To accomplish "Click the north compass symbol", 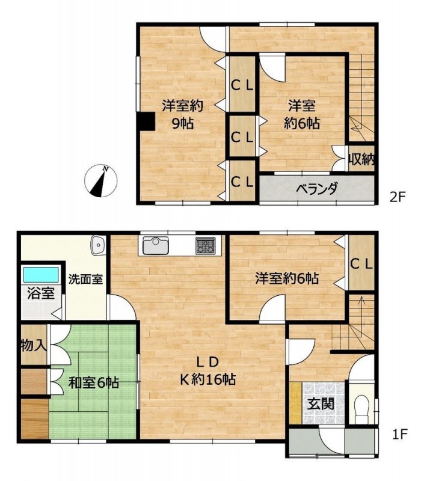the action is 101,181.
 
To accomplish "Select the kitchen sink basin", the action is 156,245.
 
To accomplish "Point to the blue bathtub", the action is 41,275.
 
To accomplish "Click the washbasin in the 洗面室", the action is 98,245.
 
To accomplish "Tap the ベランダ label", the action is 317,189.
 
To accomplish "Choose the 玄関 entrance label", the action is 321,403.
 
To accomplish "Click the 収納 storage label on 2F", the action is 361,159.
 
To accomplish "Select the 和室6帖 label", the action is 93,382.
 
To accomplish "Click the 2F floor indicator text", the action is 398,197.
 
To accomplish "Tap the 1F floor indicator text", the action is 400,434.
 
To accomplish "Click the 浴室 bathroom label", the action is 41,293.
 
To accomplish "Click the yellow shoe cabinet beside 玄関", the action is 295,403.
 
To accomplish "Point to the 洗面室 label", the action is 85,279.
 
